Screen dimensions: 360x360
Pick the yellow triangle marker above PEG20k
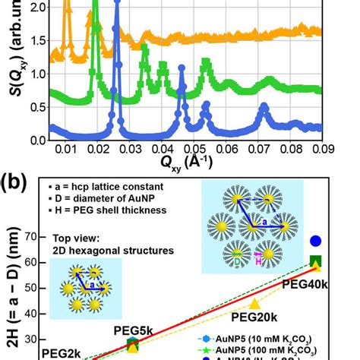click(x=254, y=303)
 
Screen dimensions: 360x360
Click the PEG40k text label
click(x=307, y=283)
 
